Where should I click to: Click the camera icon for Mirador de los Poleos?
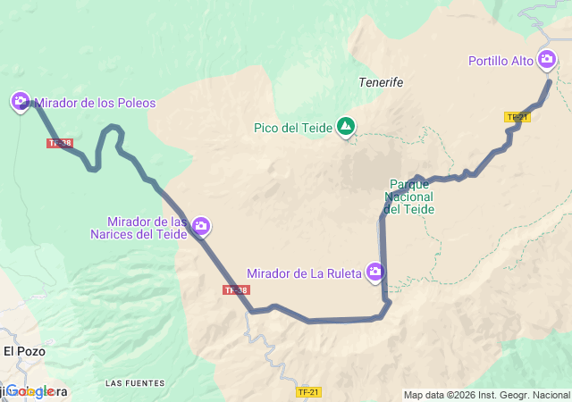coord(20,101)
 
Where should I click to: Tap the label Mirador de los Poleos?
coord(95,103)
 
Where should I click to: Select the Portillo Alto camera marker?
coord(546,60)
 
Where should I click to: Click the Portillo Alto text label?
coord(500,62)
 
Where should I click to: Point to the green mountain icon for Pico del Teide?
coord(345,127)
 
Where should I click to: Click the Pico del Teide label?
coord(293,128)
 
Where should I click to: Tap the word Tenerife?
coord(381,81)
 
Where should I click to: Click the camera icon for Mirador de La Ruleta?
coord(375,272)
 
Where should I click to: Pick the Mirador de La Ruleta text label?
coord(304,272)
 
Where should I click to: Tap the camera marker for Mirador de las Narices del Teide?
coord(202,226)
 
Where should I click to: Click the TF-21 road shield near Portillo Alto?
coord(517,117)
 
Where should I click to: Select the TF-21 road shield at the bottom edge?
coord(308,392)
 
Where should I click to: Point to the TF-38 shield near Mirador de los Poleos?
coord(60,143)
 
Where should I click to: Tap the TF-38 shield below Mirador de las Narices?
coord(236,290)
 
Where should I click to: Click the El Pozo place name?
coord(23,351)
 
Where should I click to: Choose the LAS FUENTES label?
coord(135,383)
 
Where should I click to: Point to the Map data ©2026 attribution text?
coord(485,395)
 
